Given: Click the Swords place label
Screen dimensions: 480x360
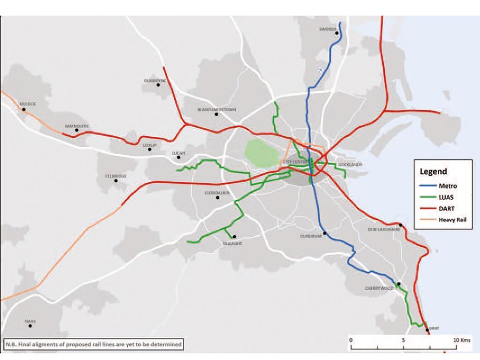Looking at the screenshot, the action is pos(327,29).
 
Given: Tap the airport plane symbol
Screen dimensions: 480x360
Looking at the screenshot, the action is pos(321,70).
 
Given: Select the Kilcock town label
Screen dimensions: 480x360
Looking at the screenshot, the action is pos(27,104).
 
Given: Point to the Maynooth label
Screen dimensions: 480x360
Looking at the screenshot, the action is pos(76,126).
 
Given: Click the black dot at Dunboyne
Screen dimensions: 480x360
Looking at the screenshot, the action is pos(158,85).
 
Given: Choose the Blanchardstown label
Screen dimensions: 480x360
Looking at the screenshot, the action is pos(217,110).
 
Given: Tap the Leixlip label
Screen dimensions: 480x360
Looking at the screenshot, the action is pos(150,145).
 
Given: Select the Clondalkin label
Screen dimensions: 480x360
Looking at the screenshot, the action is pos(217,193).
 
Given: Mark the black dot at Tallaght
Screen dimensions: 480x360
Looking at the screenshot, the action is pos(234,237).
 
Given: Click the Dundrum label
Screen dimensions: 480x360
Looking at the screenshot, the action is pos(311,236).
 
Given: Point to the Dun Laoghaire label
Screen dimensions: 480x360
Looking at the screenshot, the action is pos(382,230).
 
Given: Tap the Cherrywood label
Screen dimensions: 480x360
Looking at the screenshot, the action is pos(379,288).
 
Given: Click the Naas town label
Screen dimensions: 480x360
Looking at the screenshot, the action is pos(30,322).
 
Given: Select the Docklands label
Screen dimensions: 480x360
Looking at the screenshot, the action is pos(350,165).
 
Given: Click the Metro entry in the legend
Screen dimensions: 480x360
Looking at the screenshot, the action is pos(447,186).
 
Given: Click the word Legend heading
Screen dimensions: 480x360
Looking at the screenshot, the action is pos(433,172).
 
